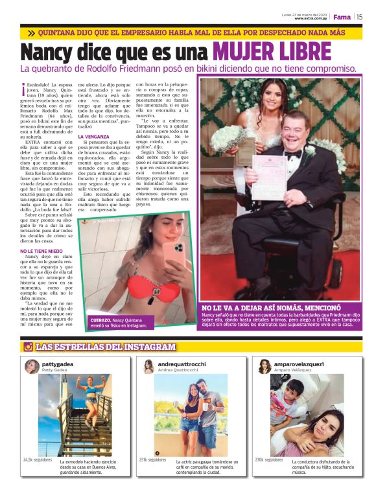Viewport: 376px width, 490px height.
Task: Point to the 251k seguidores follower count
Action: point(153,460)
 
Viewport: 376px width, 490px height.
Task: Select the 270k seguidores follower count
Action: point(268,458)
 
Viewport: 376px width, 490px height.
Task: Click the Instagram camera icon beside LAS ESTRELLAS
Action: point(28,347)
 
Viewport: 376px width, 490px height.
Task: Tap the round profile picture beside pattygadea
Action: point(32,367)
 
